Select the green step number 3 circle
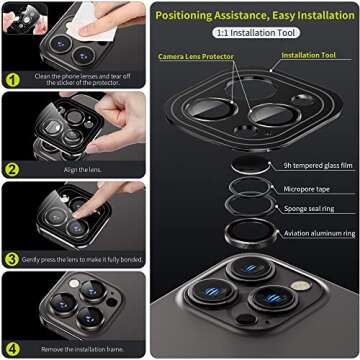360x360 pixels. pos(13,258)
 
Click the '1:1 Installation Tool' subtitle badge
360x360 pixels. pos(254,33)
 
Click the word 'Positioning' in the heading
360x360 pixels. pos(190,15)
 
